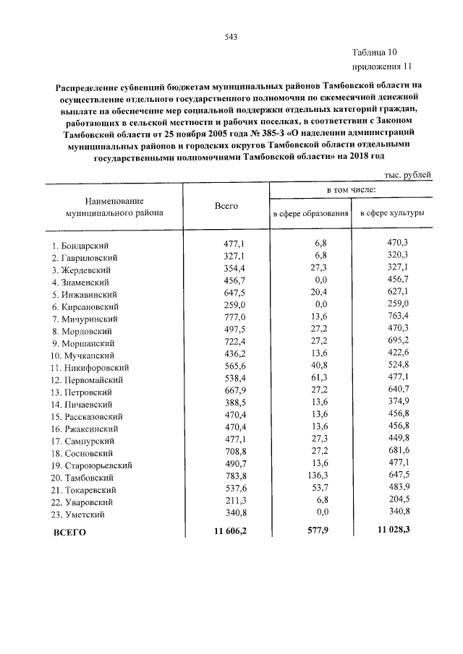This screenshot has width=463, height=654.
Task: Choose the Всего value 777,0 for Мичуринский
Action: click(234, 318)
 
